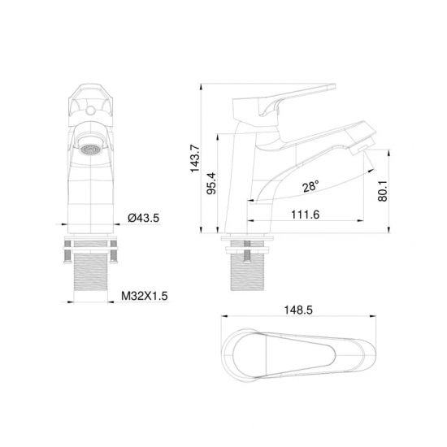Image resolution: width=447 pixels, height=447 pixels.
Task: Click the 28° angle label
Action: click(x=309, y=186)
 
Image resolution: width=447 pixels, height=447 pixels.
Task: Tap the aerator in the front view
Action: click(x=92, y=149)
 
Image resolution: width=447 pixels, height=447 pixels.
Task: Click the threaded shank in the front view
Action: click(x=91, y=276)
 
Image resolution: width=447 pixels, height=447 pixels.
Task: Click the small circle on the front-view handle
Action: click(x=91, y=105)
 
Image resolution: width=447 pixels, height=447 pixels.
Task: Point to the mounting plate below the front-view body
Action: click(x=91, y=241)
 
